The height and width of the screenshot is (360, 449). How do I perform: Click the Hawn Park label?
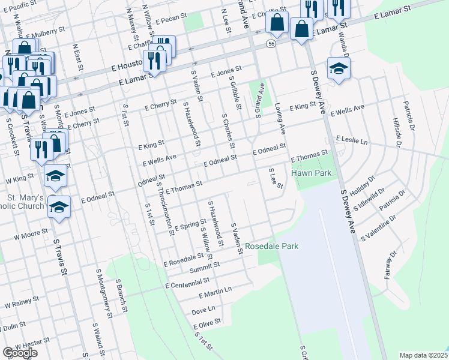point(312,173)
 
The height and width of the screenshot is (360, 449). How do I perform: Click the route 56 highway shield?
point(272,44)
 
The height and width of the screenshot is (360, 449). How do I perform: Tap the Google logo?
point(20,353)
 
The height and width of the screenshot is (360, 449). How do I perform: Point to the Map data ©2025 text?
point(423,355)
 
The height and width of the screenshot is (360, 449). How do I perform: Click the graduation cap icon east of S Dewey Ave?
point(339,68)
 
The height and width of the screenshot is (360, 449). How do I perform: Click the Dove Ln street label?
point(203,311)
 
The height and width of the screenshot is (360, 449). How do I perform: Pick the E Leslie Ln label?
point(351,139)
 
